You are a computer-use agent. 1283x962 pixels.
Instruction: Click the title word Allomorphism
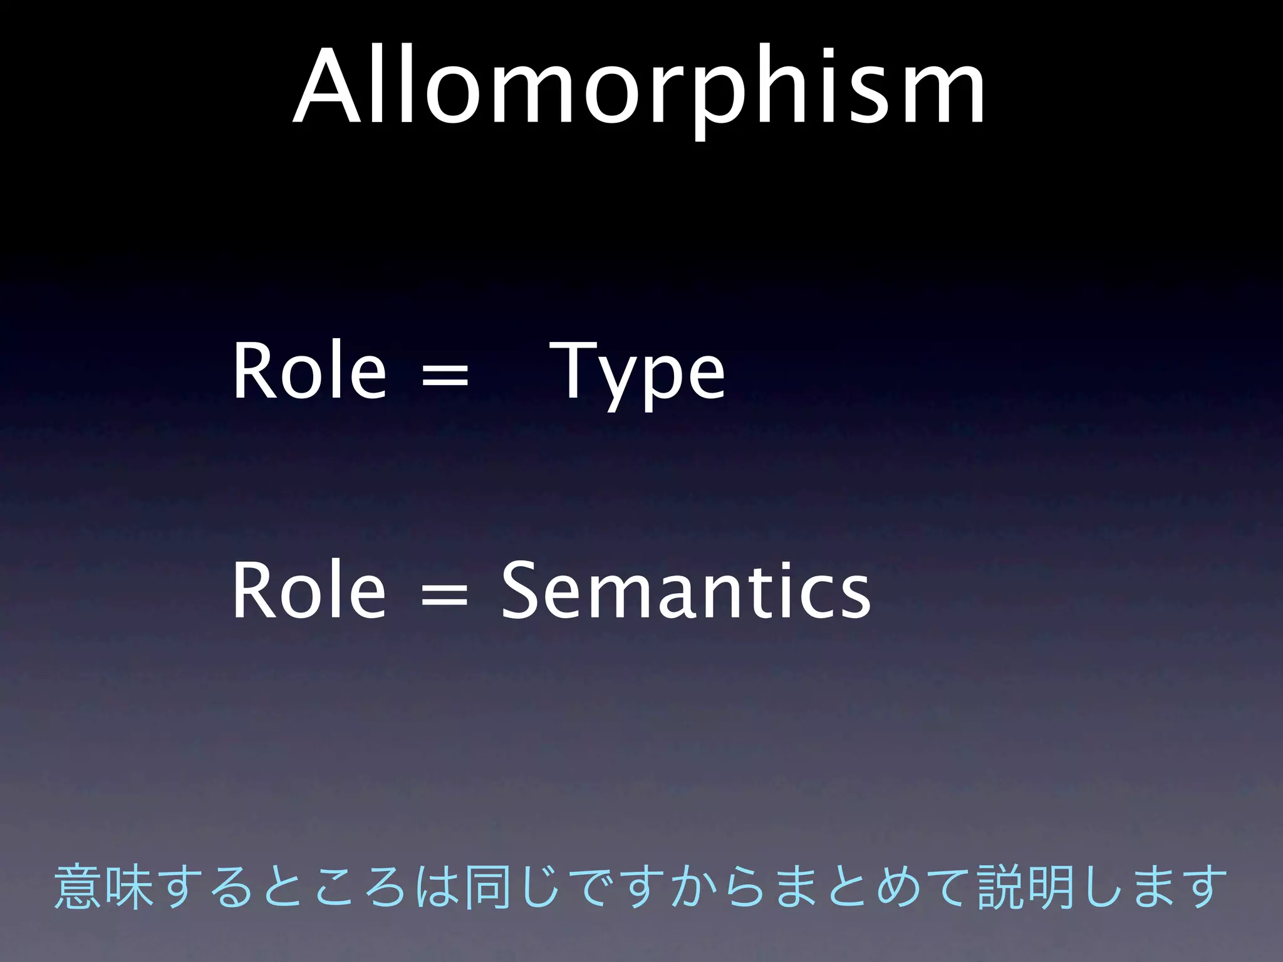coord(639,88)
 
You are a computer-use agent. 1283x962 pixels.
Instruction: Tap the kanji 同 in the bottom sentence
coord(487,886)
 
